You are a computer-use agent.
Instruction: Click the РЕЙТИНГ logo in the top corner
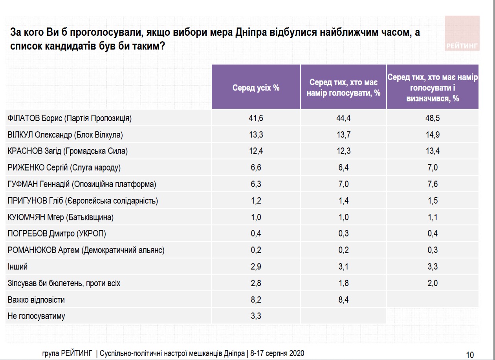coord(462,46)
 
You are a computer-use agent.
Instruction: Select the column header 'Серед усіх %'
coord(256,88)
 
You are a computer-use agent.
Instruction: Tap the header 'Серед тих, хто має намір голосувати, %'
coord(343,88)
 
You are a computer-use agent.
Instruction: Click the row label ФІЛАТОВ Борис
coord(69,118)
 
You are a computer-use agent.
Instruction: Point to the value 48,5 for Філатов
coord(432,118)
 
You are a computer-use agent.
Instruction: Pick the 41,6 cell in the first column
coord(256,118)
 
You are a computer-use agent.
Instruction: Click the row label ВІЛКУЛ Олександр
coord(65,135)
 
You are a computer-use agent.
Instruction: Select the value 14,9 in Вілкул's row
coord(432,135)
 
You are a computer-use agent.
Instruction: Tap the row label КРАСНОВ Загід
coord(68,151)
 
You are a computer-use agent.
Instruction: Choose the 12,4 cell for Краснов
coord(256,151)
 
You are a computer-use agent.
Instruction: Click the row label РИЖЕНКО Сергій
coord(64,168)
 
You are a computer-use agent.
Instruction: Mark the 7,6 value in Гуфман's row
coord(432,184)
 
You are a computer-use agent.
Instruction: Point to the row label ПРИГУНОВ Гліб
coord(82,201)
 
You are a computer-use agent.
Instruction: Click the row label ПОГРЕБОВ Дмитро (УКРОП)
coord(57,234)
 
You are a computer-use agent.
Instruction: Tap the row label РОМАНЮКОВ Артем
coord(86,250)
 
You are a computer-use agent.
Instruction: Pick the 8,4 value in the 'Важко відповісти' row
coord(343,300)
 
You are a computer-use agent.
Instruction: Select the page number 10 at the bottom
coord(469,353)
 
